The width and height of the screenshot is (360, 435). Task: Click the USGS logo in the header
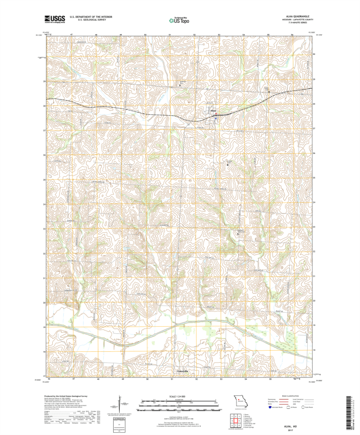[54, 20]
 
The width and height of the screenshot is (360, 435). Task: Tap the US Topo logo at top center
[179, 20]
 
